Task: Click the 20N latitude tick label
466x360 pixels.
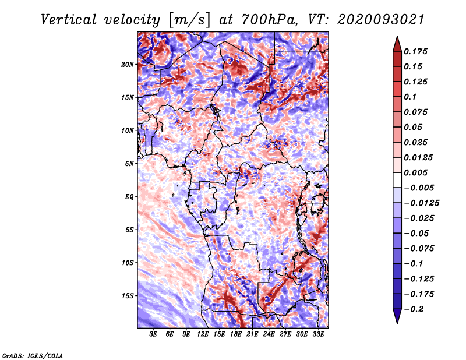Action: pos(128,64)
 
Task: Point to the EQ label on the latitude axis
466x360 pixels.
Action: pos(129,196)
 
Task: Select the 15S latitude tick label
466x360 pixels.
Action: pos(128,295)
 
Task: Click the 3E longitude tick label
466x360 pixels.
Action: pos(154,334)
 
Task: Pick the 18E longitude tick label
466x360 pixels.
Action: pos(236,334)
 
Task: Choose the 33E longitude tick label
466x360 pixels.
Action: pos(319,334)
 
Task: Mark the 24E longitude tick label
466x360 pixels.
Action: pos(269,334)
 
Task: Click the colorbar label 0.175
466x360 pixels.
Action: pos(416,51)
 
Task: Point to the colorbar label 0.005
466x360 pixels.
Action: pos(416,172)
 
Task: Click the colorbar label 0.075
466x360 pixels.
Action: pos(416,112)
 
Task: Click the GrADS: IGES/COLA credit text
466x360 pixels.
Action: pos(32,355)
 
